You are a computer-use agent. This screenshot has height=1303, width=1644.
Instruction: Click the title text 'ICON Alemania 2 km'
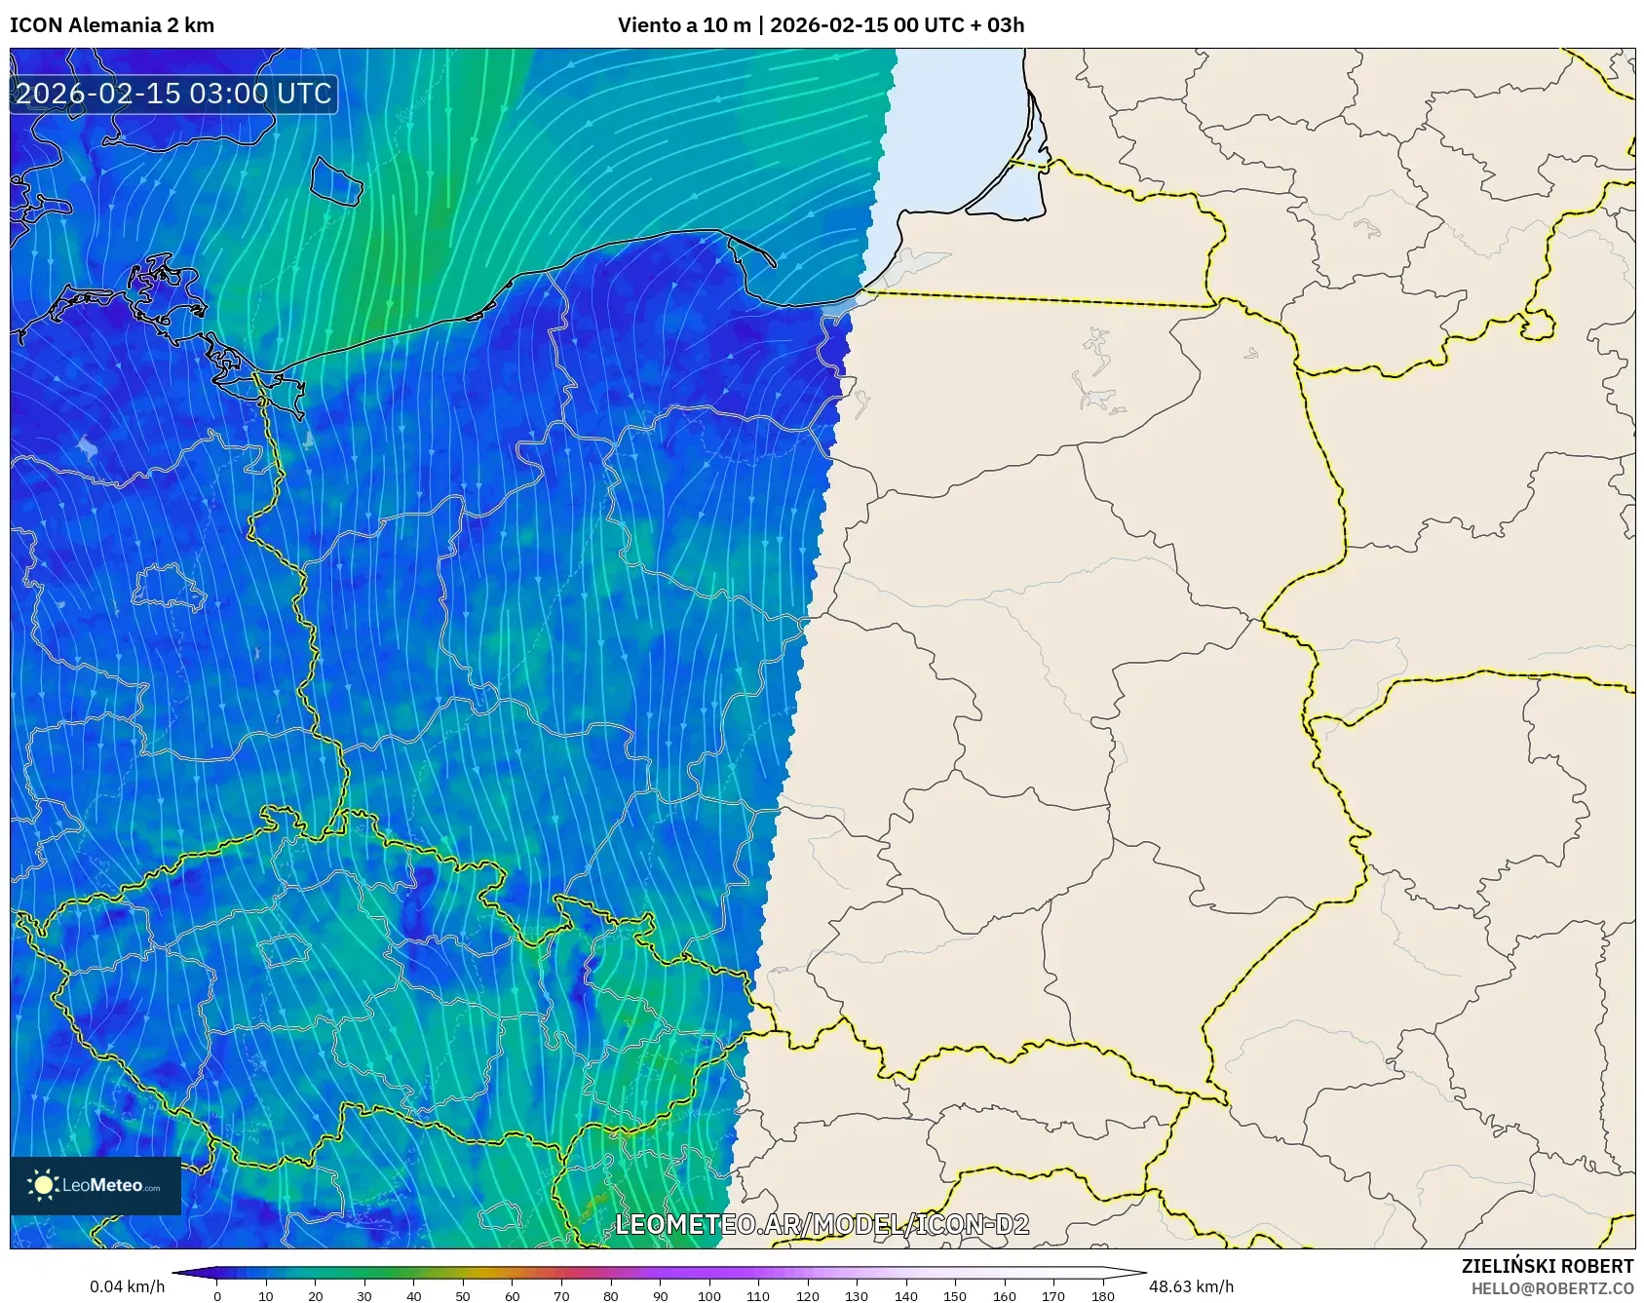tap(112, 25)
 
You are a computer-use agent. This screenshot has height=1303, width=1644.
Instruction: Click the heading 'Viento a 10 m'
tap(684, 25)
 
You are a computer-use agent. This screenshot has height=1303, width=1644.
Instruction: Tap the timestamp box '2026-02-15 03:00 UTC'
tap(173, 94)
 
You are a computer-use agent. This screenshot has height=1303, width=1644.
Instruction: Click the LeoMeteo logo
tap(96, 1185)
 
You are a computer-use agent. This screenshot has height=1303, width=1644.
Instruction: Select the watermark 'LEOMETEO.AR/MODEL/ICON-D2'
tap(822, 1225)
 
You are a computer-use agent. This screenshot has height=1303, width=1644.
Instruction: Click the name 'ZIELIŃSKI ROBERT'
tap(1547, 1266)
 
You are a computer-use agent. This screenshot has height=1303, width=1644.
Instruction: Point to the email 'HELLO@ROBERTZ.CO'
tap(1551, 1288)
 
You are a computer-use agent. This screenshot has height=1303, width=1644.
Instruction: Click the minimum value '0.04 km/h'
tap(127, 1286)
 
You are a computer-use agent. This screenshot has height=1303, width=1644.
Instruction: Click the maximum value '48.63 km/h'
tap(1191, 1286)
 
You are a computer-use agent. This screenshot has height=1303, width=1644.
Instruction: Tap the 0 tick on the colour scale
tap(217, 1295)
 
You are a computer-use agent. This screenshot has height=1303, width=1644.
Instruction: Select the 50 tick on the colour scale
tap(463, 1295)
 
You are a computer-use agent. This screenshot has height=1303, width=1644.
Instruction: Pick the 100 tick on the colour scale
tap(709, 1295)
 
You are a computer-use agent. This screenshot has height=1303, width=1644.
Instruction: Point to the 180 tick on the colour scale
tap(1103, 1295)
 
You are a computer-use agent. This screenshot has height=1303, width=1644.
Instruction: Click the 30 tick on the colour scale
tap(364, 1295)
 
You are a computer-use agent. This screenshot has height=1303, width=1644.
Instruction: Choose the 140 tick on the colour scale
tap(906, 1295)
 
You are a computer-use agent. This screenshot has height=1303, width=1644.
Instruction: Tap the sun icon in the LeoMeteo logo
tap(43, 1185)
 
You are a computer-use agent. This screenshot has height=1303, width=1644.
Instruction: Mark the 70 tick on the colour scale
tap(561, 1295)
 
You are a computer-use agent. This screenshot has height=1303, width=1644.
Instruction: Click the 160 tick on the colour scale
tap(1005, 1295)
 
